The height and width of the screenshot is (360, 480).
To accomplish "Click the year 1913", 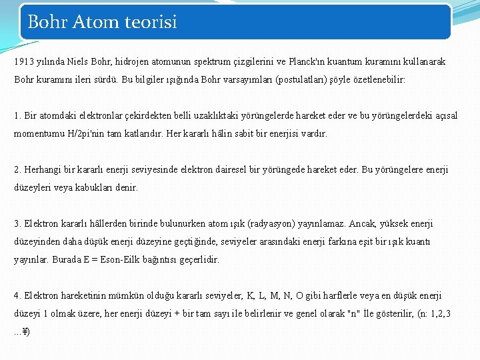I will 23,61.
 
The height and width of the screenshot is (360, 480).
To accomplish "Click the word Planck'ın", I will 307,61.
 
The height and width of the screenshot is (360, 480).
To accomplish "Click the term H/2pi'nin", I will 82,133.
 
